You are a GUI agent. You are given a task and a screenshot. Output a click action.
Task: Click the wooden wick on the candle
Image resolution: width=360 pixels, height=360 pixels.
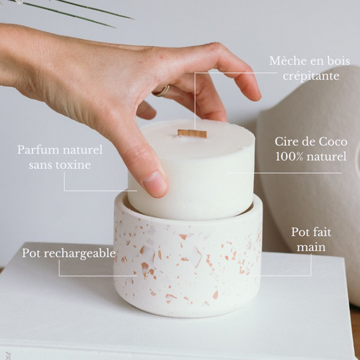(192, 134)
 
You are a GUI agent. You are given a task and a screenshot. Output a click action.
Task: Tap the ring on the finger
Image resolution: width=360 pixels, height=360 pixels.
(162, 90)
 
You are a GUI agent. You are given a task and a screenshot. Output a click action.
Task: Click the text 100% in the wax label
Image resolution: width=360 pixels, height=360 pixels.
(289, 157)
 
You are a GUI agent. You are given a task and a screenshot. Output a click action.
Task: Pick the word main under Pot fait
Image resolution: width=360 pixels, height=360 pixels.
(311, 247)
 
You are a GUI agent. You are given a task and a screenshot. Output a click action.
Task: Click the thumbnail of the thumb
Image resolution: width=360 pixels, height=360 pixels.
(155, 183)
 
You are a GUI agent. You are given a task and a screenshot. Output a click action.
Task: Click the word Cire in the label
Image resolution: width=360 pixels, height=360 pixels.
(287, 142)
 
